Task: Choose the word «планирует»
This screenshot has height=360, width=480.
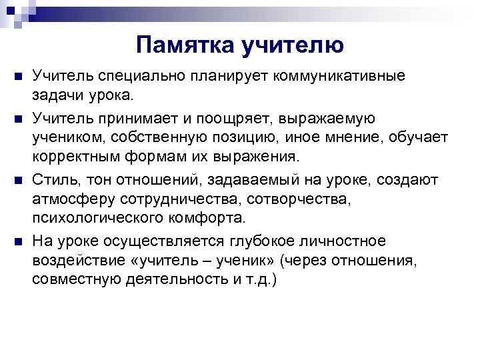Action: click(221, 76)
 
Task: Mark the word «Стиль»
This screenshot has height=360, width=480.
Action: click(52, 180)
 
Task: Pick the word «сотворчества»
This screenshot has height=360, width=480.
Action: click(295, 199)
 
